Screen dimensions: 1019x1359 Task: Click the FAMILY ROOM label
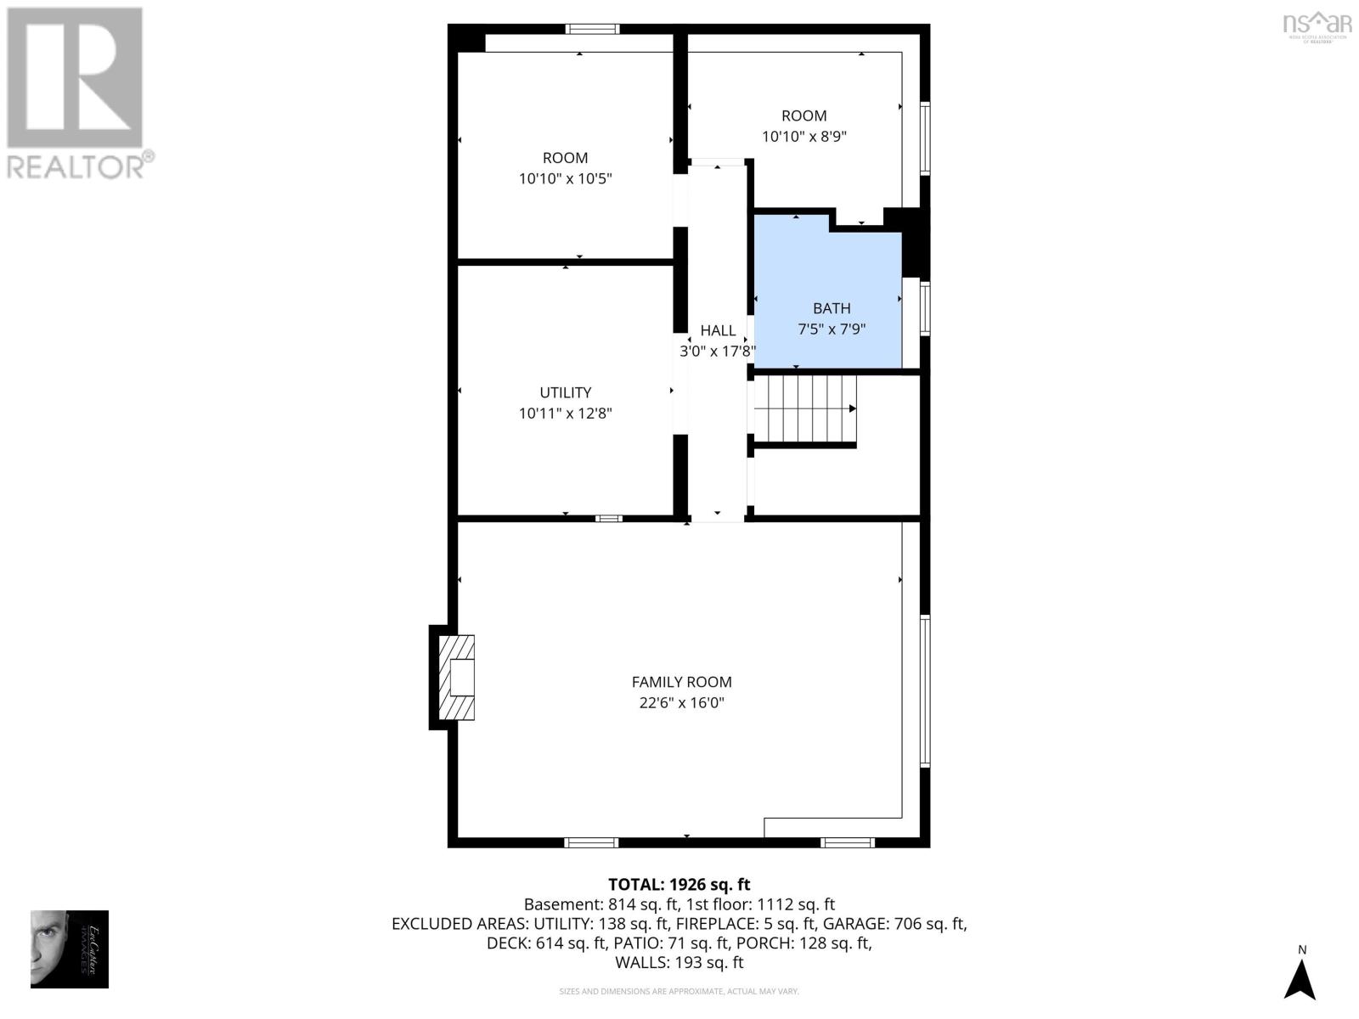[x=681, y=682]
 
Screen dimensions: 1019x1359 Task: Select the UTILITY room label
[x=566, y=392]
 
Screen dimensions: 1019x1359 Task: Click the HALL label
[x=718, y=330]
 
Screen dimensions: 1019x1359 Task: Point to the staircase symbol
[x=804, y=409]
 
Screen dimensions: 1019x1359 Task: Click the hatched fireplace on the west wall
[x=455, y=677]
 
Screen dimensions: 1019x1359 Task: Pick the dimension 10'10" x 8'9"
[x=804, y=137]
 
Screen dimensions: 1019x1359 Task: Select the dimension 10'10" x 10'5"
[x=566, y=179]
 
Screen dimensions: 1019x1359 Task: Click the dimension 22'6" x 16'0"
[x=681, y=703]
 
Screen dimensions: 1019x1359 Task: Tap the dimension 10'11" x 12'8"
[x=566, y=414]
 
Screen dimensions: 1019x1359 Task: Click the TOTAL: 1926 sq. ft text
[x=679, y=885]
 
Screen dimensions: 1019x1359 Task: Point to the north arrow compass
[x=1300, y=977]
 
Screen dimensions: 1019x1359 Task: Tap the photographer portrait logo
[x=70, y=949]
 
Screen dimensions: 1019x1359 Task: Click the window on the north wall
[x=593, y=29]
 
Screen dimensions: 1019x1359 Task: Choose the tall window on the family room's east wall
[x=925, y=692]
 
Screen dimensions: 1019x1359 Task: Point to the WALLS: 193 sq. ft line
[x=679, y=963]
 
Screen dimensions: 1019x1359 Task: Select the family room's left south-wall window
[x=591, y=842]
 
